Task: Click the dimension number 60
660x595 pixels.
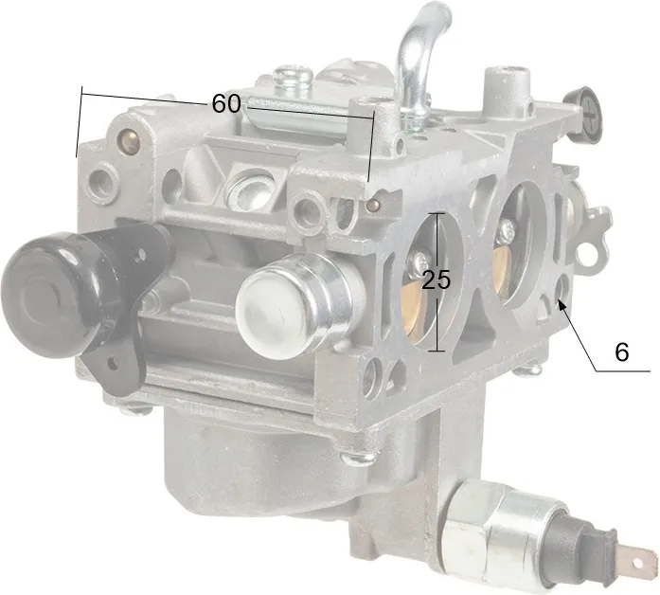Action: point(226,103)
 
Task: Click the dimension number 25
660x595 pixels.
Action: point(437,279)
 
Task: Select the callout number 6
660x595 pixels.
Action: point(622,352)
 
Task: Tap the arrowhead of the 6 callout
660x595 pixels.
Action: point(562,304)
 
